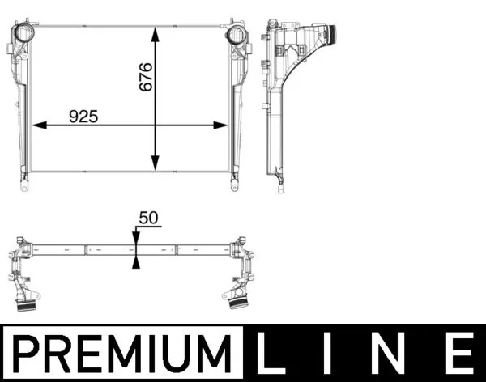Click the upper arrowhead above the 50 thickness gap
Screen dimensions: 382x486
[136, 237]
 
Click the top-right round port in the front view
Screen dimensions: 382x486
[237, 36]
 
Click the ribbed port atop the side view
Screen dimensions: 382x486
[327, 36]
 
